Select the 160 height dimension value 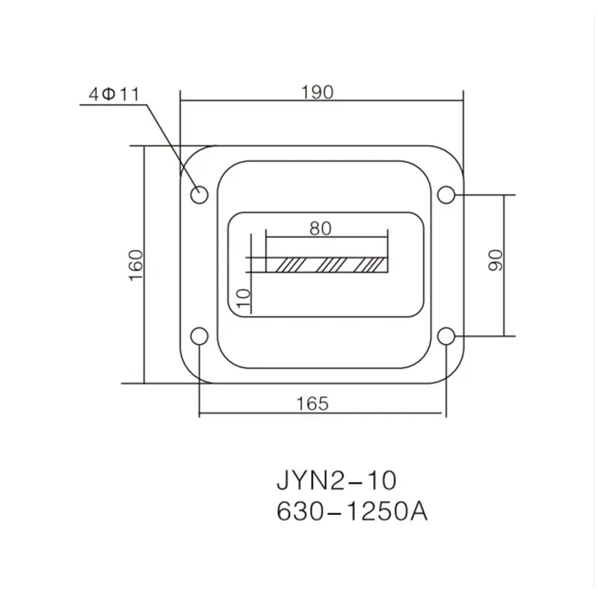[135, 264]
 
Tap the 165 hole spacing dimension [312, 403]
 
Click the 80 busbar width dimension [320, 229]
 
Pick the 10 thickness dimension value [241, 297]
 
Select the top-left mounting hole [200, 195]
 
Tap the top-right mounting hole [446, 195]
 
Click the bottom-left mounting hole [200, 337]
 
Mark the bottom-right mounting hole [446, 337]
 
